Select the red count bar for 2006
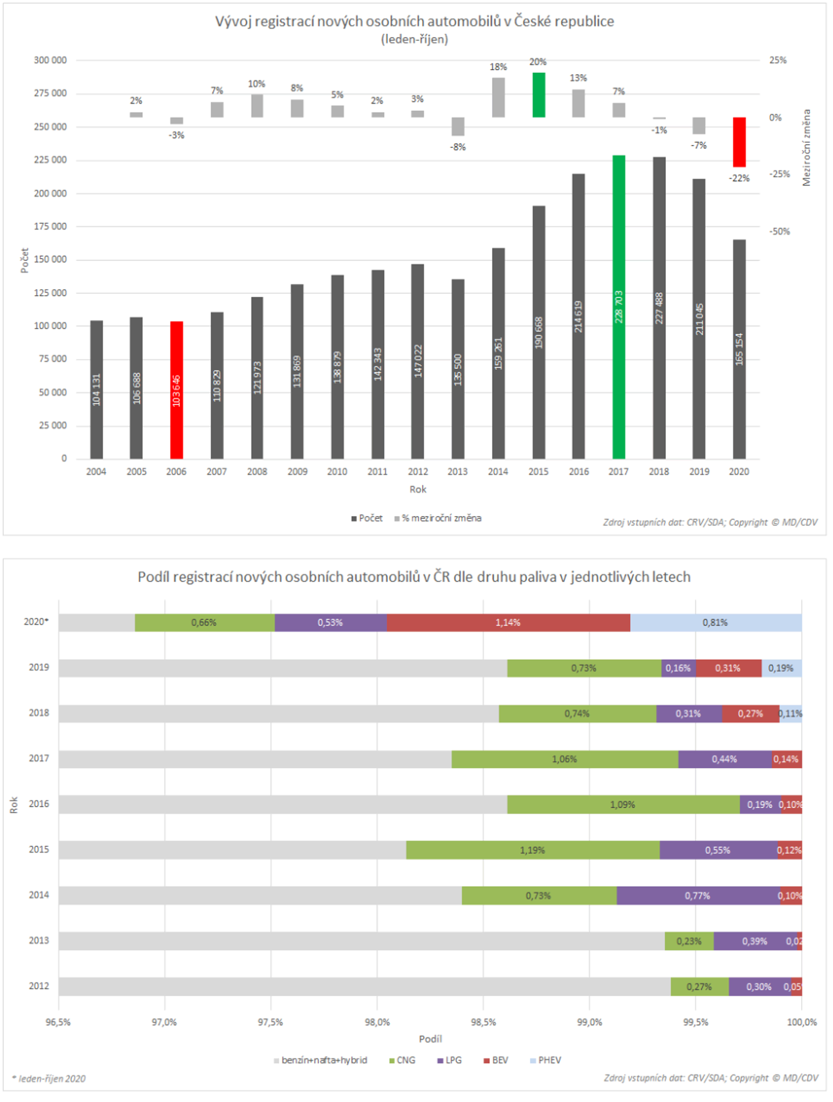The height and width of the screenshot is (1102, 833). click(x=176, y=390)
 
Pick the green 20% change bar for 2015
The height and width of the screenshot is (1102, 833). click(x=539, y=95)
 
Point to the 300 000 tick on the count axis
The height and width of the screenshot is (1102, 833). click(x=50, y=60)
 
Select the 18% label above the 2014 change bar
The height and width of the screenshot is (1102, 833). click(x=498, y=67)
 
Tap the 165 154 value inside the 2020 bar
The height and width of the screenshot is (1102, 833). click(x=739, y=349)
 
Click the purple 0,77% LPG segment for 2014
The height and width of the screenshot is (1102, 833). click(x=698, y=896)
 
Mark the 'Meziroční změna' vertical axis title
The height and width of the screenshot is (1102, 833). click(x=807, y=148)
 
